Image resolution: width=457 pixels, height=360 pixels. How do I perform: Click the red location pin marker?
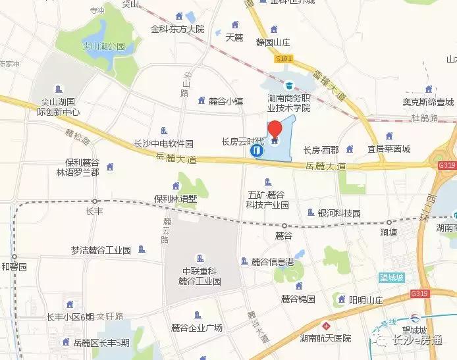pyautogui.click(x=275, y=130)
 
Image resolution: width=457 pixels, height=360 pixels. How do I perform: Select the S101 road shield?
pyautogui.click(x=284, y=59)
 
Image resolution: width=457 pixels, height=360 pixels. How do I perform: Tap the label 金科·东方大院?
pyautogui.click(x=178, y=29)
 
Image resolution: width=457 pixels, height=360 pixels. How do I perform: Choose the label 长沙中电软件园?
pyautogui.click(x=163, y=143)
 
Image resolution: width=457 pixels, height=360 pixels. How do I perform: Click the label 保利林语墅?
pyautogui.click(x=176, y=198)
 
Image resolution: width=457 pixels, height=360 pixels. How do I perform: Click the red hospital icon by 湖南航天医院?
pyautogui.click(x=325, y=326)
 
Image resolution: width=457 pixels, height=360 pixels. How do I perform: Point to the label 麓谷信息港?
pyautogui.click(x=273, y=262)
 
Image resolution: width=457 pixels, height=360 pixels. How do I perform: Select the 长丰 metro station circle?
pyautogui.click(x=95, y=201)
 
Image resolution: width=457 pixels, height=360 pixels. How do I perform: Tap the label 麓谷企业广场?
pyautogui.click(x=196, y=328)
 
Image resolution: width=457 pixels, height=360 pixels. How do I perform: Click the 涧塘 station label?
pyautogui.click(x=389, y=232)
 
